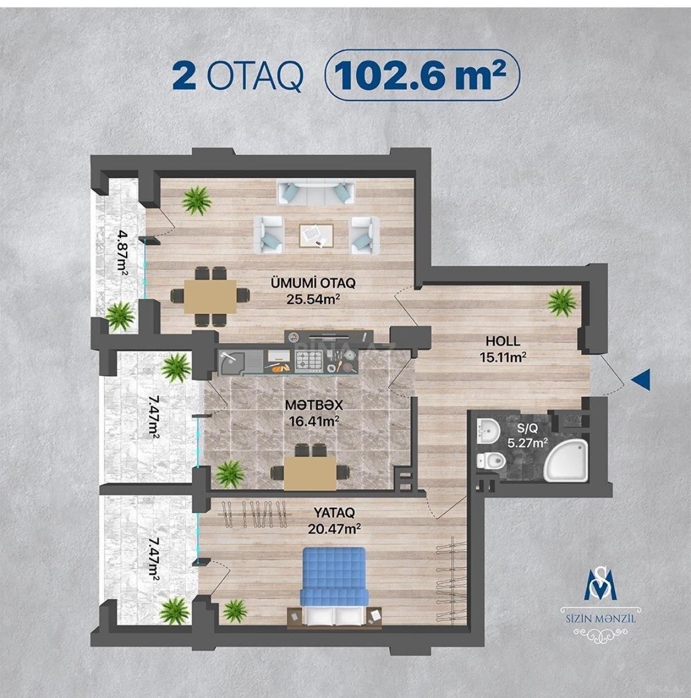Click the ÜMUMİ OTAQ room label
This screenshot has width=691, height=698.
coord(313,283)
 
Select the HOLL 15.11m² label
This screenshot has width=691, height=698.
coord(503,350)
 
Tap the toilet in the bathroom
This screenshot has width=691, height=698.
coord(490,461)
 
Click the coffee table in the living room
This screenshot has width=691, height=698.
coord(316,236)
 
